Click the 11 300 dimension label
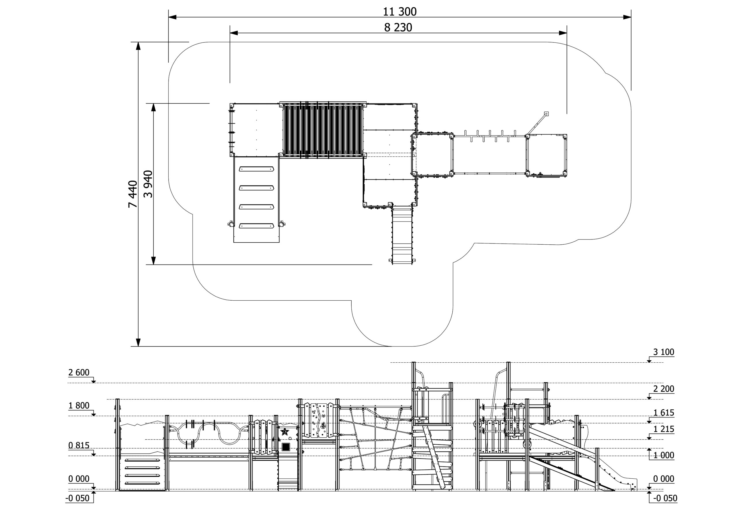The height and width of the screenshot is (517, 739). pos(400,12)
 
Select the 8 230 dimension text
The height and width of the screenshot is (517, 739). pos(398,28)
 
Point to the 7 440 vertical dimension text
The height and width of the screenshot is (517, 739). pos(133,194)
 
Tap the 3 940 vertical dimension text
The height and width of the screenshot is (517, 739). pos(148,184)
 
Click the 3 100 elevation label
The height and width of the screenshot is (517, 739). pos(663,352)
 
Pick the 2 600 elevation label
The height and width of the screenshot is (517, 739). pos(79,372)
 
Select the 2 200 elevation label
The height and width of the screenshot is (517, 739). pos(663,389)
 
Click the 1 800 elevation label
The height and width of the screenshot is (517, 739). pos(79,406)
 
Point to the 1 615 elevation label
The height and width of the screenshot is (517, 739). pos(663,413)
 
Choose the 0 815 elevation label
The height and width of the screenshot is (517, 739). pos(79,445)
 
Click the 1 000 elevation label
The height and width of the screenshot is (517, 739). pos(663,455)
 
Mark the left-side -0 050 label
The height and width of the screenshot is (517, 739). pos(78,498)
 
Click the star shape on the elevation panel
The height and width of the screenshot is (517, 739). pos(285,431)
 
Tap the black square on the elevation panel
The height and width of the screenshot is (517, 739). pos(285,447)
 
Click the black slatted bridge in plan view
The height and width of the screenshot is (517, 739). pos(322,130)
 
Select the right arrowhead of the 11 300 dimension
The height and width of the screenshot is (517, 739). pos(627,17)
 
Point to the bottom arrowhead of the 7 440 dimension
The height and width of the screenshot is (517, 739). pos(138,342)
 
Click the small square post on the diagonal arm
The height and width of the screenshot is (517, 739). pos(546,114)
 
